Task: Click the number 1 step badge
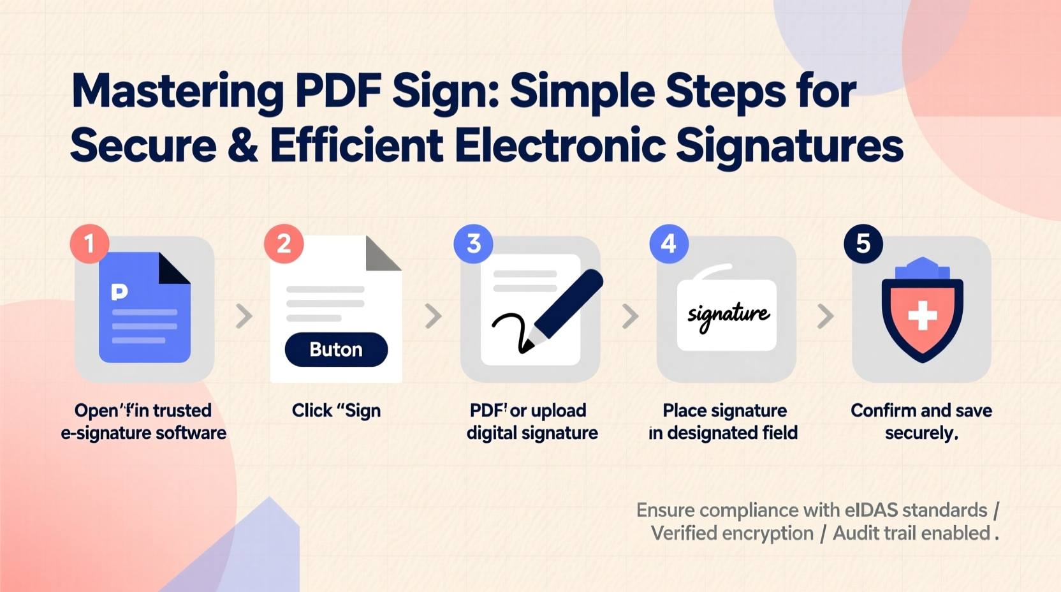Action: tap(90, 243)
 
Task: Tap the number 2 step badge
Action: tap(284, 243)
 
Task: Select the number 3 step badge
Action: tap(473, 243)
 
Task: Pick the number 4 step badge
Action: tap(669, 243)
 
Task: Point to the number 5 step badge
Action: tap(863, 243)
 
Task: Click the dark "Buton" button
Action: tap(336, 350)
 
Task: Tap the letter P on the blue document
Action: tap(119, 292)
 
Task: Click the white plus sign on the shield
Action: tap(922, 315)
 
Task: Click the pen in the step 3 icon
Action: tap(567, 303)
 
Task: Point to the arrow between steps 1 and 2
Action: tap(244, 316)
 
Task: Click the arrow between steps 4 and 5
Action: tap(825, 316)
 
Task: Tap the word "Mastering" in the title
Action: tap(177, 91)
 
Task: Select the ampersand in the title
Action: tap(243, 145)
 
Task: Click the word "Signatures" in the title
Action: tap(789, 145)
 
